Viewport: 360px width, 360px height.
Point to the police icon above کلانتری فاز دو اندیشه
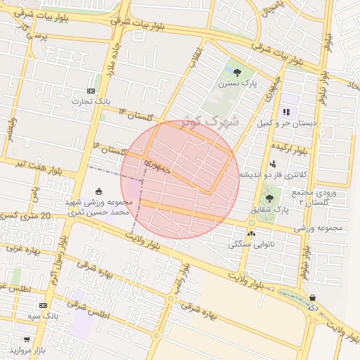[273, 163]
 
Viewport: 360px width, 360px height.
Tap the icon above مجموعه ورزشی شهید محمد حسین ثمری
[98, 191]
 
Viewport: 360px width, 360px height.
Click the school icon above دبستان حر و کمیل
[285, 112]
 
